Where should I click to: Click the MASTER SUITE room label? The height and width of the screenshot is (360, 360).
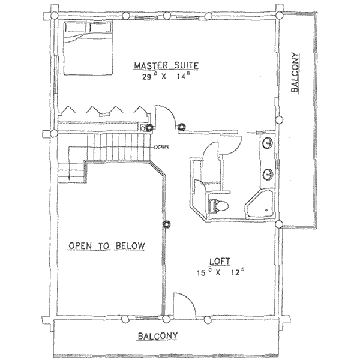tap(166, 65)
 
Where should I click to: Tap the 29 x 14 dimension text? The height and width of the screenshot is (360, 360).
tap(166, 76)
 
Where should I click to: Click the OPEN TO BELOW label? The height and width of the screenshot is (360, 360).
tap(107, 245)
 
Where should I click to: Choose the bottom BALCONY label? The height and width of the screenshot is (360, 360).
tap(157, 336)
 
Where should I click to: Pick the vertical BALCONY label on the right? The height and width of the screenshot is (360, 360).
tap(295, 73)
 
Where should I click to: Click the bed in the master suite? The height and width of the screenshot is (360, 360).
tap(88, 48)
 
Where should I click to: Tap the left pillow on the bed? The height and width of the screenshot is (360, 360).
tap(76, 28)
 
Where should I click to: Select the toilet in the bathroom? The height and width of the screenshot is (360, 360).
tap(219, 205)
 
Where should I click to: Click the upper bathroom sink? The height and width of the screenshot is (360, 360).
tap(268, 142)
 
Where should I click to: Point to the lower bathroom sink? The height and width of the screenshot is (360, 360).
tap(268, 174)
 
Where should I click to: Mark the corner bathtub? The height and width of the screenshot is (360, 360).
tap(260, 204)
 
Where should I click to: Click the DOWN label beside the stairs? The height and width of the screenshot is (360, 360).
tap(161, 146)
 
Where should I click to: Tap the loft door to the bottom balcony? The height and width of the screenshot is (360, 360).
tap(184, 306)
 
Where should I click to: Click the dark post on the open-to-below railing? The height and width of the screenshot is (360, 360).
tap(166, 224)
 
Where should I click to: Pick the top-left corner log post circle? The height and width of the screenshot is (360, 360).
tap(54, 16)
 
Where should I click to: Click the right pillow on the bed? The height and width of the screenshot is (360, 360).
tap(101, 28)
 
